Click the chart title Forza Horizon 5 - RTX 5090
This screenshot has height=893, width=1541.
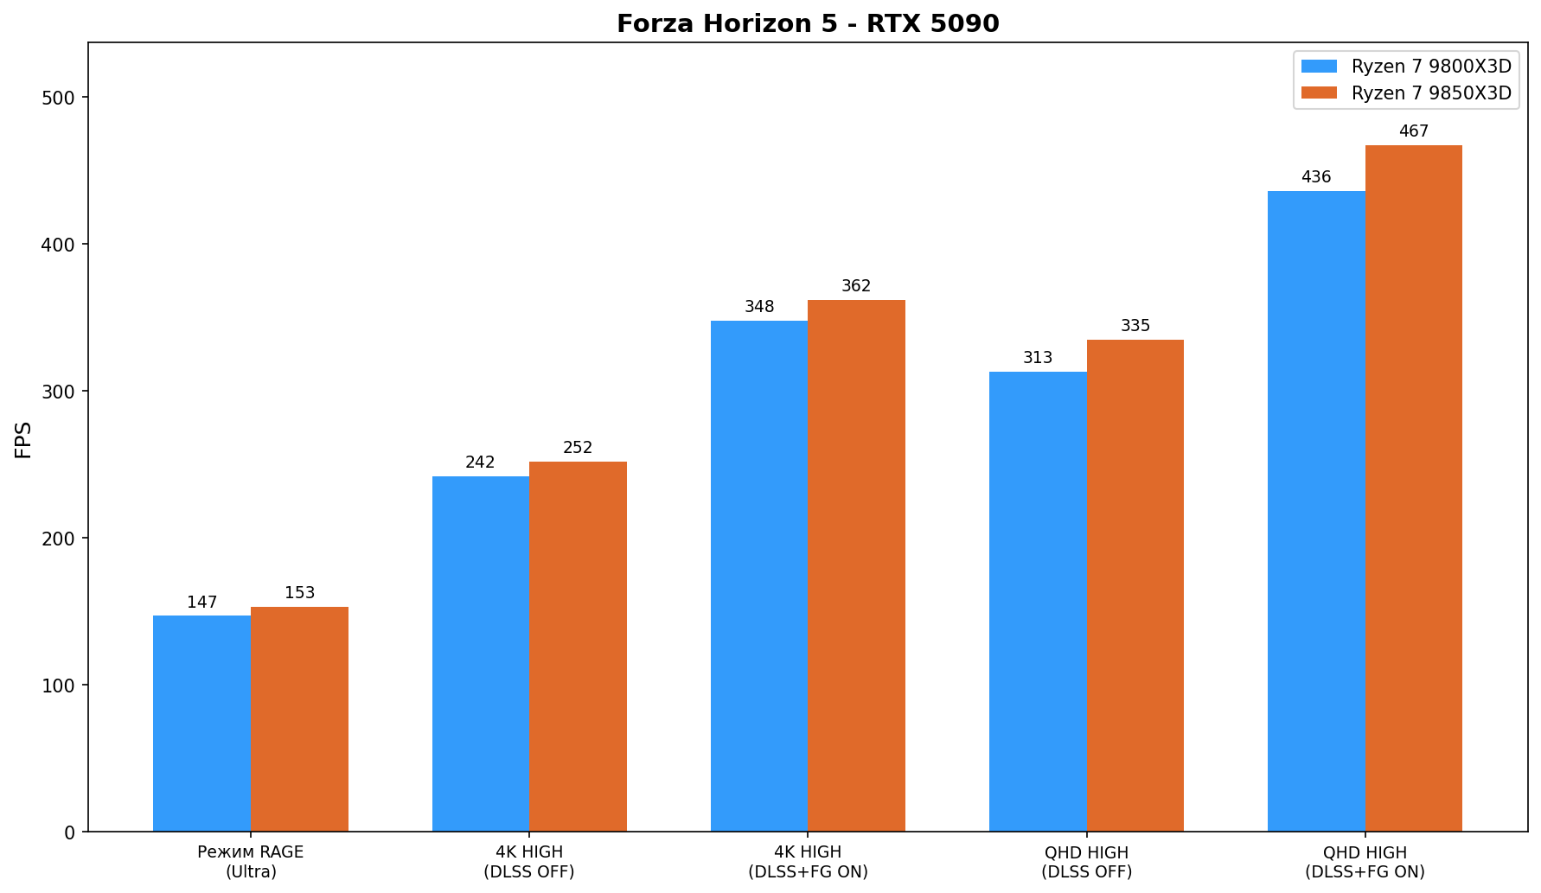808,23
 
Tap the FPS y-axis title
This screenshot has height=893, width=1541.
23,439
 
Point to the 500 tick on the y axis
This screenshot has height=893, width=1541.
59,98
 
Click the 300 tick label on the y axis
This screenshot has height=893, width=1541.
59,392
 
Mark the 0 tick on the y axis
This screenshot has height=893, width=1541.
70,832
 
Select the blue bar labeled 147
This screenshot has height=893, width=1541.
201,724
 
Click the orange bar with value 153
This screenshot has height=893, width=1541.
299,719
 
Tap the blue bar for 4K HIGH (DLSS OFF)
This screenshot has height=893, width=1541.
481,654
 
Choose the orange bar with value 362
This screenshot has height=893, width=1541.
856,565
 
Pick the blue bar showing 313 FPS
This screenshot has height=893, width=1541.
1038,602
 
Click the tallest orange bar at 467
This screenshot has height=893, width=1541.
1413,488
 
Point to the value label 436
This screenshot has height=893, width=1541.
1316,177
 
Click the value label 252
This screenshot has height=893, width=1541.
578,448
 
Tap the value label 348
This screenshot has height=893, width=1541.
759,307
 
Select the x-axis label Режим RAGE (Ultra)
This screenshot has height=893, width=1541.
251,862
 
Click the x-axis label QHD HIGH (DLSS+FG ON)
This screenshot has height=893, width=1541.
1365,862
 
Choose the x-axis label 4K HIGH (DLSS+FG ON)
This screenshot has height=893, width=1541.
808,862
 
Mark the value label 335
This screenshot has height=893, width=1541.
1135,326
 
